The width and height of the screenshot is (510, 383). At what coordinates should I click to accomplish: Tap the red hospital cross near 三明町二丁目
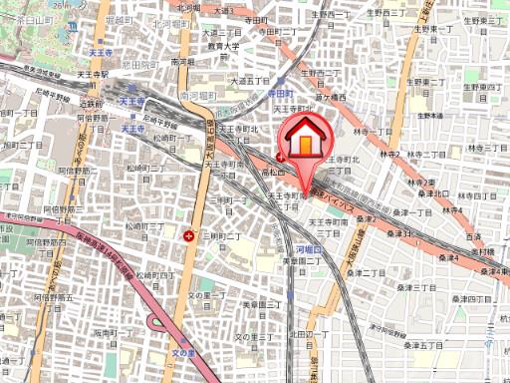point(189,235)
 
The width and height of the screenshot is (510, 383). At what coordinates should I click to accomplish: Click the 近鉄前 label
point(92,102)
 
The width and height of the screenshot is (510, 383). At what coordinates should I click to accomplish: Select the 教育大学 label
point(225,45)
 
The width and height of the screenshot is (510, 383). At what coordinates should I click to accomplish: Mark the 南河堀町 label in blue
point(198,97)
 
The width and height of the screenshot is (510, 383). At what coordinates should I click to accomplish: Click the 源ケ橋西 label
point(328,98)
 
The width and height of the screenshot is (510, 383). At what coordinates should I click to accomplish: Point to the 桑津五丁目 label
point(425,345)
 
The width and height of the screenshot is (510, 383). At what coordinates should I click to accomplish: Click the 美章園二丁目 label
point(298,259)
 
